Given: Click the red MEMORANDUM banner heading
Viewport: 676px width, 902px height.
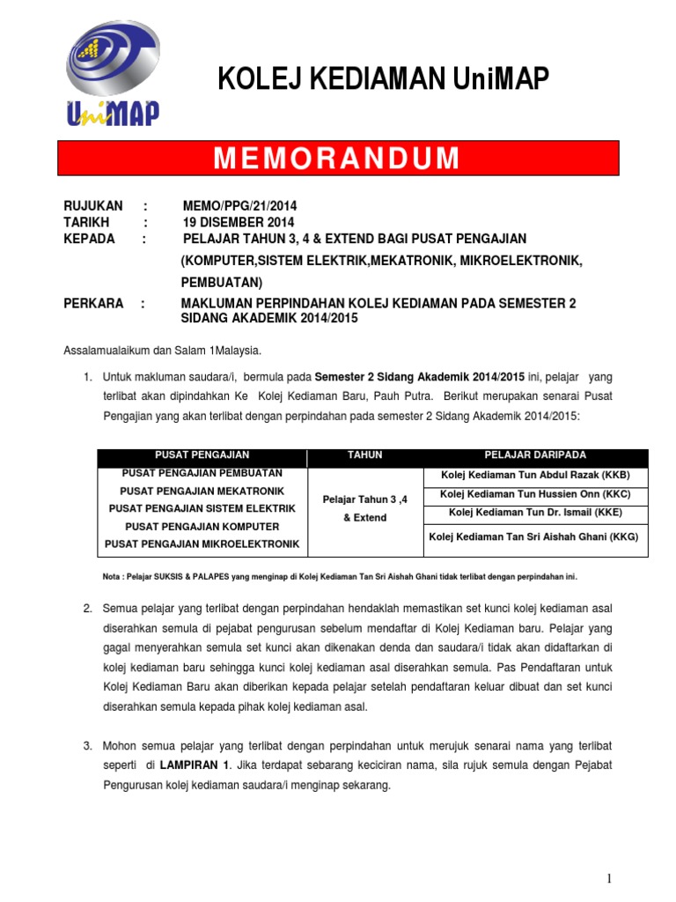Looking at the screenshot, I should coord(338,159).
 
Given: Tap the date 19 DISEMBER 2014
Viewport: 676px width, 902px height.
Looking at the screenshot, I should coord(239,222).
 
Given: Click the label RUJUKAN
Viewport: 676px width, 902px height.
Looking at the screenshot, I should coord(93,205).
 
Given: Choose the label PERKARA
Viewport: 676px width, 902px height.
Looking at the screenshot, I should coord(93,303).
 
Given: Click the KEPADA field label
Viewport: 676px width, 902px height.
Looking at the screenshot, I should coord(90,239).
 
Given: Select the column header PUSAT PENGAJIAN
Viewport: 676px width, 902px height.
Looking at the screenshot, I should coord(202,455).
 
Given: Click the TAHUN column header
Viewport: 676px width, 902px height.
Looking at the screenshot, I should coord(365,455).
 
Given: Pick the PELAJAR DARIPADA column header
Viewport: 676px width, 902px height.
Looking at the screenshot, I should coord(535,455).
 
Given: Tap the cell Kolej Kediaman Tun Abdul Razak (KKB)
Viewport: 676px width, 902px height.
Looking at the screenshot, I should coord(535,475).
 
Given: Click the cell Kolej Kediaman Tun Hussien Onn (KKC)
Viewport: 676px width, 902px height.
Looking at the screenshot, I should coord(535,494).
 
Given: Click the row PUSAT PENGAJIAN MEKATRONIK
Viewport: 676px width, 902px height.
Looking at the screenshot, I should coord(202,490).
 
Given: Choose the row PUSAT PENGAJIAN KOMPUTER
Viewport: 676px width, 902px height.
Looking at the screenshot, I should coord(202,526).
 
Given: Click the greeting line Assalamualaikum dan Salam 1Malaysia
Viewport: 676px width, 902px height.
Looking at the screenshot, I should coord(162,351).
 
